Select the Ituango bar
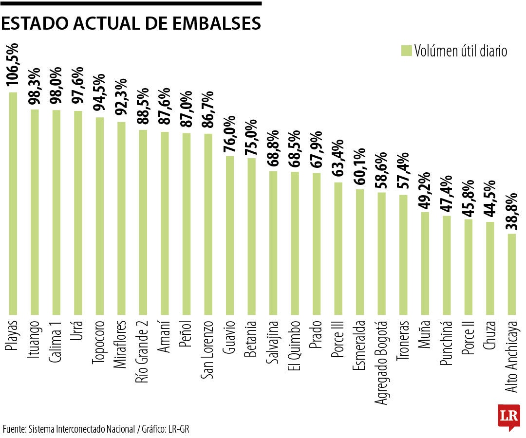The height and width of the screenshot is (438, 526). [x=35, y=212]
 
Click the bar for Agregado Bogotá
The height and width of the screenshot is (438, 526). [x=381, y=253]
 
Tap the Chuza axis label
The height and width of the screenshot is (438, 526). [x=490, y=336]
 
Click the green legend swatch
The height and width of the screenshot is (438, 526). [x=406, y=51]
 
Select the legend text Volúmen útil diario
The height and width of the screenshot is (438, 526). [x=461, y=51]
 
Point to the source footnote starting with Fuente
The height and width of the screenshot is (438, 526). [x=96, y=429]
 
